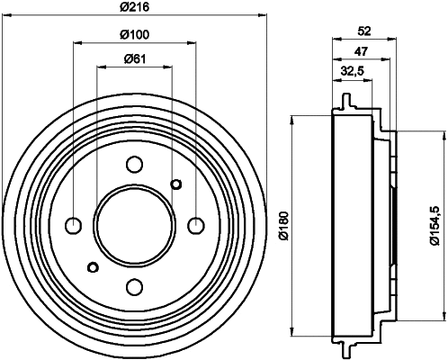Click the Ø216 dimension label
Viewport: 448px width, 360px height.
point(135,7)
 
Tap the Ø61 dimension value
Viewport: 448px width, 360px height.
point(135,60)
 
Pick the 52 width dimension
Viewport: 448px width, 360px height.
point(364,31)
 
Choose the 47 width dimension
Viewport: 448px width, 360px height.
point(359,52)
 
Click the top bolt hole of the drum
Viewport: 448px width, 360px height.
point(135,165)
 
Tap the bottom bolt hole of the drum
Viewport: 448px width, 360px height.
point(135,286)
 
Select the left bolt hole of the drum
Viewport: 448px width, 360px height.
point(74,225)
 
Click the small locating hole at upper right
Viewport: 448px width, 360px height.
point(176,184)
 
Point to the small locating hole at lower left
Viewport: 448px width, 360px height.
point(92,265)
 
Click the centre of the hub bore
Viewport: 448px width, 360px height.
point(135,225)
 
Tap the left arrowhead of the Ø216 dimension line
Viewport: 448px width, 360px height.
point(7,15)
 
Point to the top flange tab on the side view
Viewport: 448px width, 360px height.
point(345,97)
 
